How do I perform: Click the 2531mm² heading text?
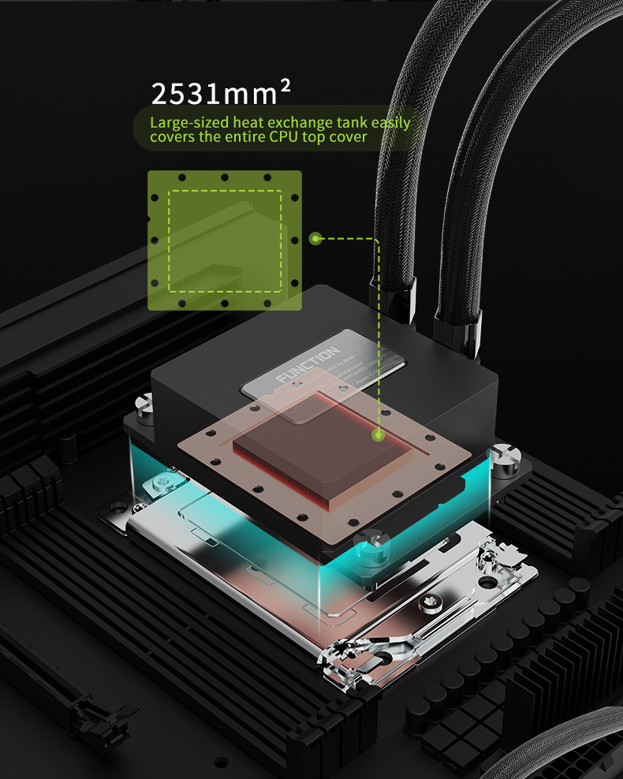click(221, 94)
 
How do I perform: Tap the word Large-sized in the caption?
click(182, 123)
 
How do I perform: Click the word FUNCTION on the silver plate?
click(308, 364)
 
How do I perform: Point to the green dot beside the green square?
click(315, 237)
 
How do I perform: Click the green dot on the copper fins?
click(379, 434)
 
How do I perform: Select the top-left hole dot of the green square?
click(181, 178)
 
